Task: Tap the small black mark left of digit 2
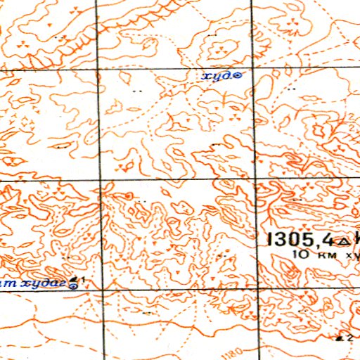pos(340,339)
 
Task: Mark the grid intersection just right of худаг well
pos(104,290)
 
